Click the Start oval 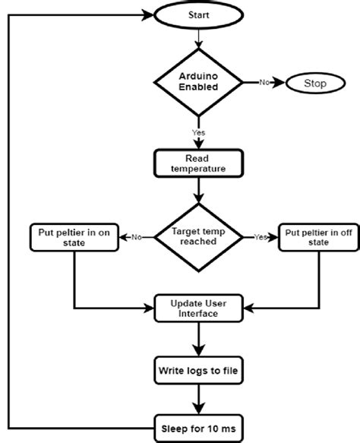pyautogui.click(x=198, y=14)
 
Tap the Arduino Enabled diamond pyautogui.click(x=198, y=82)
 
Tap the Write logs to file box pyautogui.click(x=198, y=372)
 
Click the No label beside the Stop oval pyautogui.click(x=263, y=82)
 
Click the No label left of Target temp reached pyautogui.click(x=137, y=236)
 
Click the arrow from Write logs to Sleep pyautogui.click(x=198, y=400)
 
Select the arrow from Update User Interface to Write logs pyautogui.click(x=198, y=340)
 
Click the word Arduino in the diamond pyautogui.click(x=198, y=76)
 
